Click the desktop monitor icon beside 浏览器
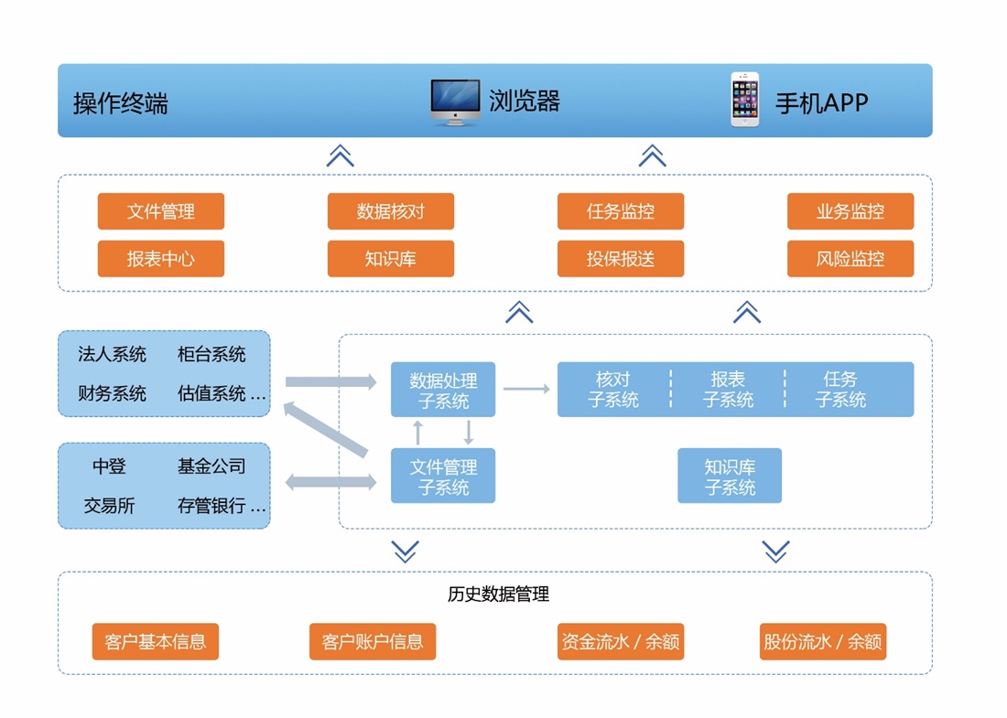point(455,102)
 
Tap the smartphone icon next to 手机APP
point(744,100)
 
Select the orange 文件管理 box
point(161,211)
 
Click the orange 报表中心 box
point(161,259)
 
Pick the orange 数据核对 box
point(391,211)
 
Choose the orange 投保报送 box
point(621,259)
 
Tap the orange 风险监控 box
point(850,259)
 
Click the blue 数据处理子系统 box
point(443,390)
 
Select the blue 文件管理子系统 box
point(443,476)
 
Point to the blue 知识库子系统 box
point(730,476)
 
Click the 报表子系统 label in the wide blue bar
point(729,390)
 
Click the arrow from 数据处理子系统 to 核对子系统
point(526,390)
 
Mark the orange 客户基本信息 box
point(156,641)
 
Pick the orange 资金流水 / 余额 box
point(621,641)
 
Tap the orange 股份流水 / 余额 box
point(823,641)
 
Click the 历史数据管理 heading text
point(498,595)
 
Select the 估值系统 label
point(211,393)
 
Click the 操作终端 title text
point(121,102)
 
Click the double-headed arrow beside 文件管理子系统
point(331,481)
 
